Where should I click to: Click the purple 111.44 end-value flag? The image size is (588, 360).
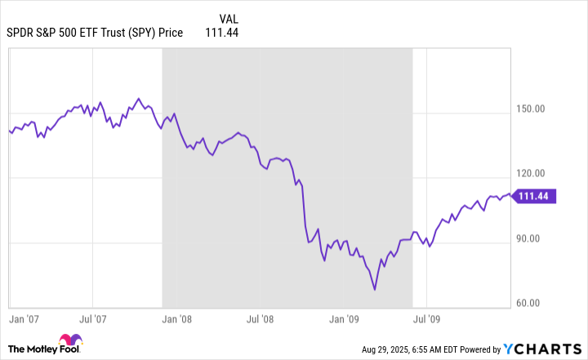[535, 196]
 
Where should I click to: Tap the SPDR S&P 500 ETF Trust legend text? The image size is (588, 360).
[93, 33]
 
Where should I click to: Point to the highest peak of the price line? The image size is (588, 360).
[138, 99]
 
